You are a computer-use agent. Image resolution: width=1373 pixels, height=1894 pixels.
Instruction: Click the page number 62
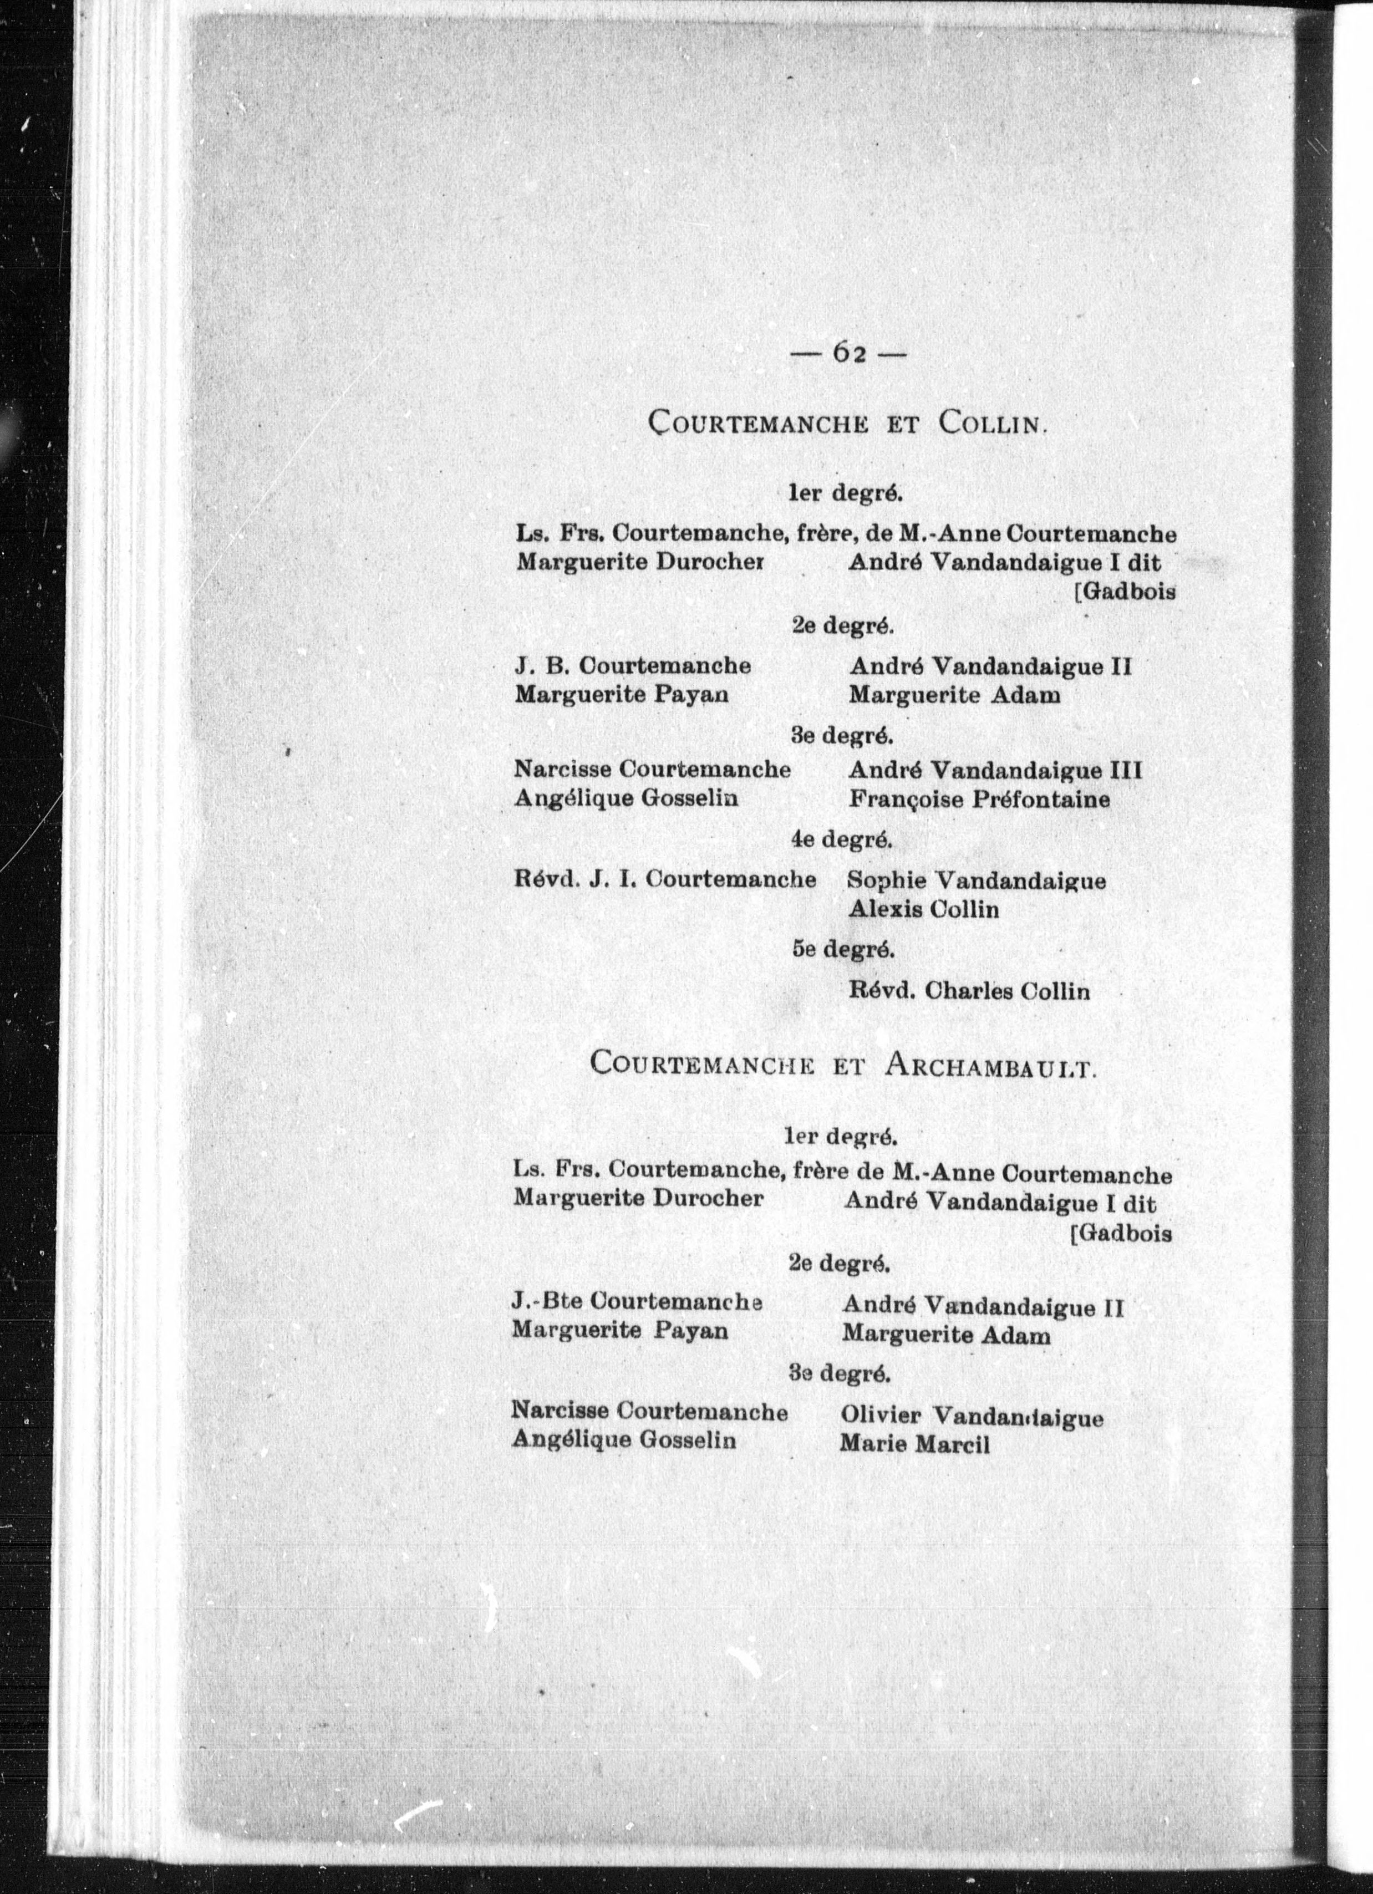pos(847,354)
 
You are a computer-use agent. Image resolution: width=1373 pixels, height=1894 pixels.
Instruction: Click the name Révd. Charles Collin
pos(969,991)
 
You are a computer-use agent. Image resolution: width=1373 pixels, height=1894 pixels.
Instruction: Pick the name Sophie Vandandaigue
pos(977,880)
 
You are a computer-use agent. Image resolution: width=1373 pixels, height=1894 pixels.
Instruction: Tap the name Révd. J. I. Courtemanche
pos(665,879)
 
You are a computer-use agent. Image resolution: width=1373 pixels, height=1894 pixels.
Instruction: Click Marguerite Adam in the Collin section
pos(954,694)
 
